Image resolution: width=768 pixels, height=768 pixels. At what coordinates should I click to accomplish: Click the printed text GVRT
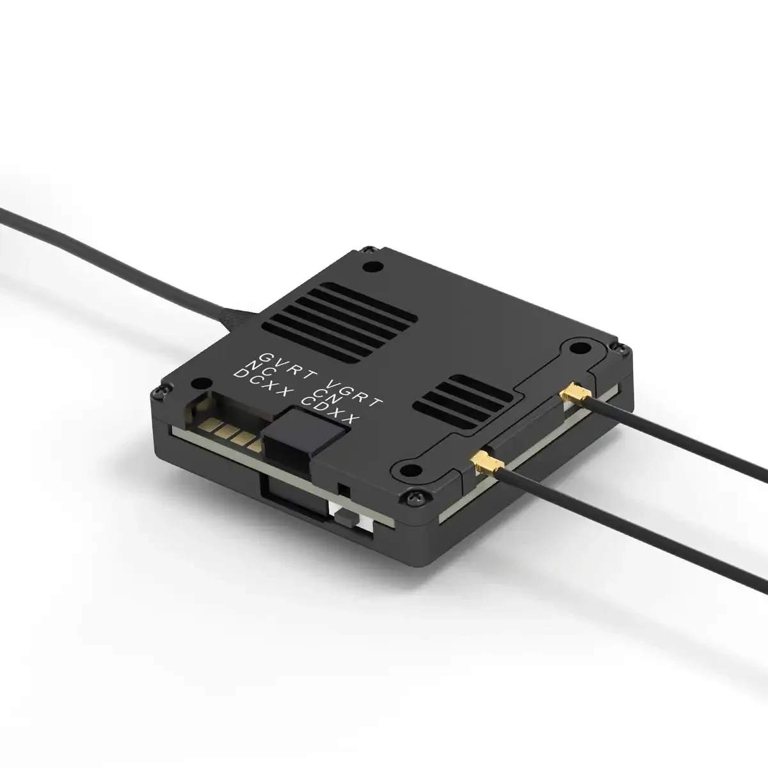click(276, 360)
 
